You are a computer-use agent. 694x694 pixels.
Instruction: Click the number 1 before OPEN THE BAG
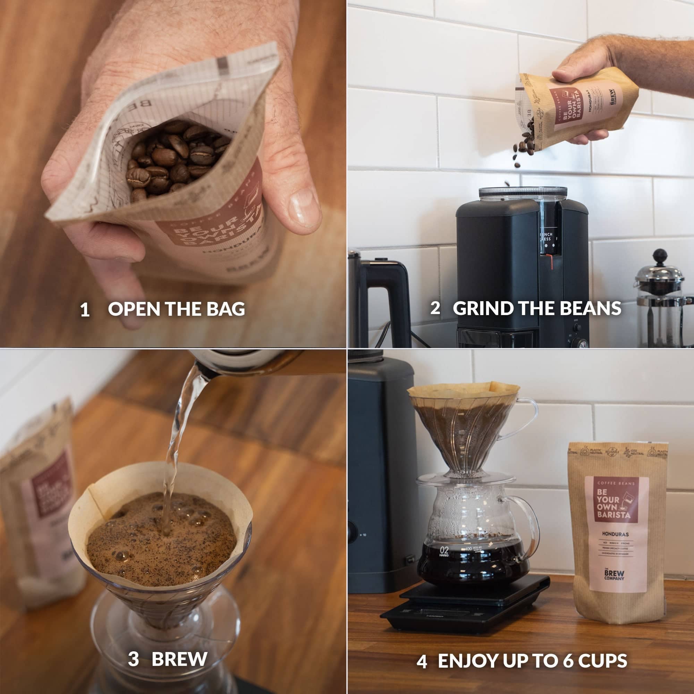(x=85, y=310)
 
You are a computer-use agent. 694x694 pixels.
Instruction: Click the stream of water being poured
(x=176, y=449)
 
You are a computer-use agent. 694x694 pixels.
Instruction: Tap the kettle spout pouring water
(x=205, y=370)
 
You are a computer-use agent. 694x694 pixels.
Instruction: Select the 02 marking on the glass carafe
(x=445, y=550)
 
